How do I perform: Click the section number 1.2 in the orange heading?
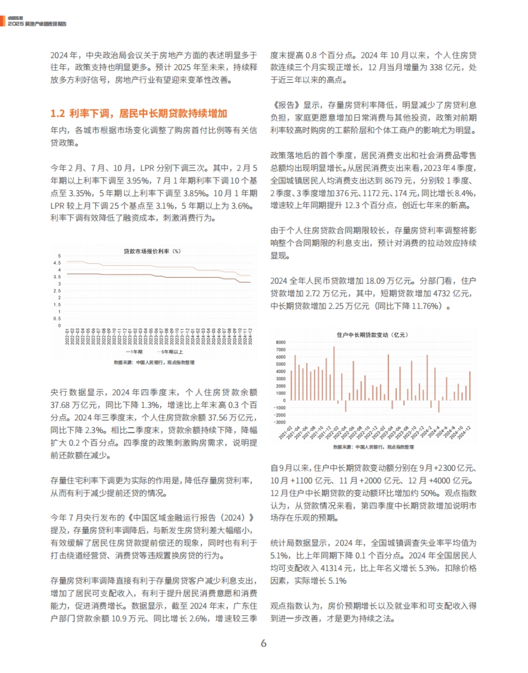click(58, 114)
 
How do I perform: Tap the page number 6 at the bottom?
click(264, 643)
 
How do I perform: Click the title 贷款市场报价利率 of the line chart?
click(152, 251)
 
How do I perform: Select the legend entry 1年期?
click(134, 352)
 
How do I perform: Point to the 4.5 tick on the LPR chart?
click(57, 263)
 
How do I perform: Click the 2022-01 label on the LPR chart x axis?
click(67, 336)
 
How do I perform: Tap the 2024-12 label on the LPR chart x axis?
click(250, 336)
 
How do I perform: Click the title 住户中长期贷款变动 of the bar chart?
click(372, 335)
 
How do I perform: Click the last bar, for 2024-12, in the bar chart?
click(470, 386)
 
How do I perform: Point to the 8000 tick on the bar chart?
click(281, 342)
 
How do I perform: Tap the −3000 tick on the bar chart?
click(280, 422)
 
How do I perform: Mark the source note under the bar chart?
click(373, 447)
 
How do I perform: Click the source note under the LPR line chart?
click(154, 362)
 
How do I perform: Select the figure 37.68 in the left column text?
click(61, 405)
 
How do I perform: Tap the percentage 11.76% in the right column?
click(424, 306)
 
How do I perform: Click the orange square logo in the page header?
click(3, 21)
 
